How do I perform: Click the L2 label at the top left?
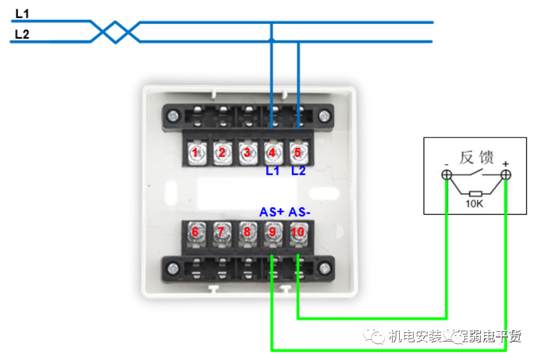(x=23, y=34)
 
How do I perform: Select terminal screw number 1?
(x=195, y=152)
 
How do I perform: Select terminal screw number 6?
(x=195, y=232)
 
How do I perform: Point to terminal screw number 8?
(x=247, y=232)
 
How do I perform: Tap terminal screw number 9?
(x=272, y=232)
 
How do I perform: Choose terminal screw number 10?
(x=298, y=232)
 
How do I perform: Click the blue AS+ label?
(x=272, y=212)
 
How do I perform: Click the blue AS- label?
(x=300, y=212)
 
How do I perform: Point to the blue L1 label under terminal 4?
(x=272, y=171)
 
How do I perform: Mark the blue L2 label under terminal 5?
(x=298, y=171)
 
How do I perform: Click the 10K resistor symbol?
(x=475, y=194)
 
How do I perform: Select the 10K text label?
(x=475, y=204)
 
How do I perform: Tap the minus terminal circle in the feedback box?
(x=446, y=175)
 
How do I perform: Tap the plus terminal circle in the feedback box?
(x=505, y=175)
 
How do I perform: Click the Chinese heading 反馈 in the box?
(x=476, y=158)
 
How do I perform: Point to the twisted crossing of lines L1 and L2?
(x=115, y=32)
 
